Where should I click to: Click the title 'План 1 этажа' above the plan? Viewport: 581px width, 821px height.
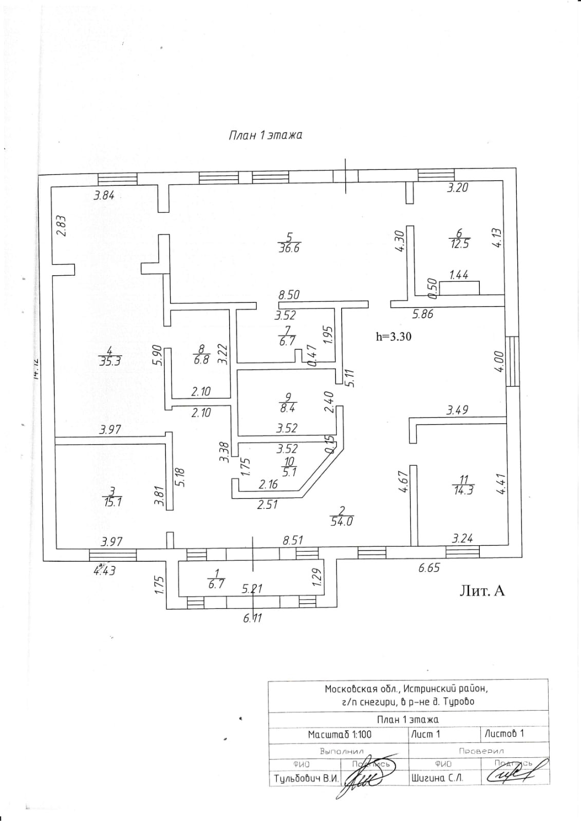[x=265, y=136]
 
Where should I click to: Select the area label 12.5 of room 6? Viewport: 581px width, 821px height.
[x=459, y=244]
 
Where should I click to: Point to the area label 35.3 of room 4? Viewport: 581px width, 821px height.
[x=109, y=361]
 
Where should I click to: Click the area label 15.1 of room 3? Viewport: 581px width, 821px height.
[x=113, y=502]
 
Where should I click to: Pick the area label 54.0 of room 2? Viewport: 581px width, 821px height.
[x=343, y=522]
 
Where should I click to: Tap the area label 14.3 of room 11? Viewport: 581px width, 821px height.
[x=463, y=490]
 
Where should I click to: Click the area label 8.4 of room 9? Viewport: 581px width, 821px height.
[x=288, y=408]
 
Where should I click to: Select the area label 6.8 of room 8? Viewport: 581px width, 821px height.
[x=201, y=359]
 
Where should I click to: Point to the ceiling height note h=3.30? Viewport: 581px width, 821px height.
[x=393, y=337]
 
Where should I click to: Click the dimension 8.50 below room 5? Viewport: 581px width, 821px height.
[x=289, y=295]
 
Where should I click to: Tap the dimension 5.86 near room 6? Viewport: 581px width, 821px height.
[x=423, y=314]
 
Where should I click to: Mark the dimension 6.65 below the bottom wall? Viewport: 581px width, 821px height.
[x=429, y=568]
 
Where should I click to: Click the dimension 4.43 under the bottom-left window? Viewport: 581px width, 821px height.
[x=104, y=570]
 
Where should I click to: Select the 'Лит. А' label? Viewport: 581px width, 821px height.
[x=481, y=591]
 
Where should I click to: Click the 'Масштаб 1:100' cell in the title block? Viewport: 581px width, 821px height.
[x=340, y=735]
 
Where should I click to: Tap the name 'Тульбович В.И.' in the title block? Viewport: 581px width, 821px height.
[x=306, y=778]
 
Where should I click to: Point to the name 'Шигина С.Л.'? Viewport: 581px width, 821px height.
[x=437, y=778]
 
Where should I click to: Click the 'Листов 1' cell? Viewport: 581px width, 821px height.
[x=504, y=734]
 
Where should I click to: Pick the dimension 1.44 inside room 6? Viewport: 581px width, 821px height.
[x=459, y=275]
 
